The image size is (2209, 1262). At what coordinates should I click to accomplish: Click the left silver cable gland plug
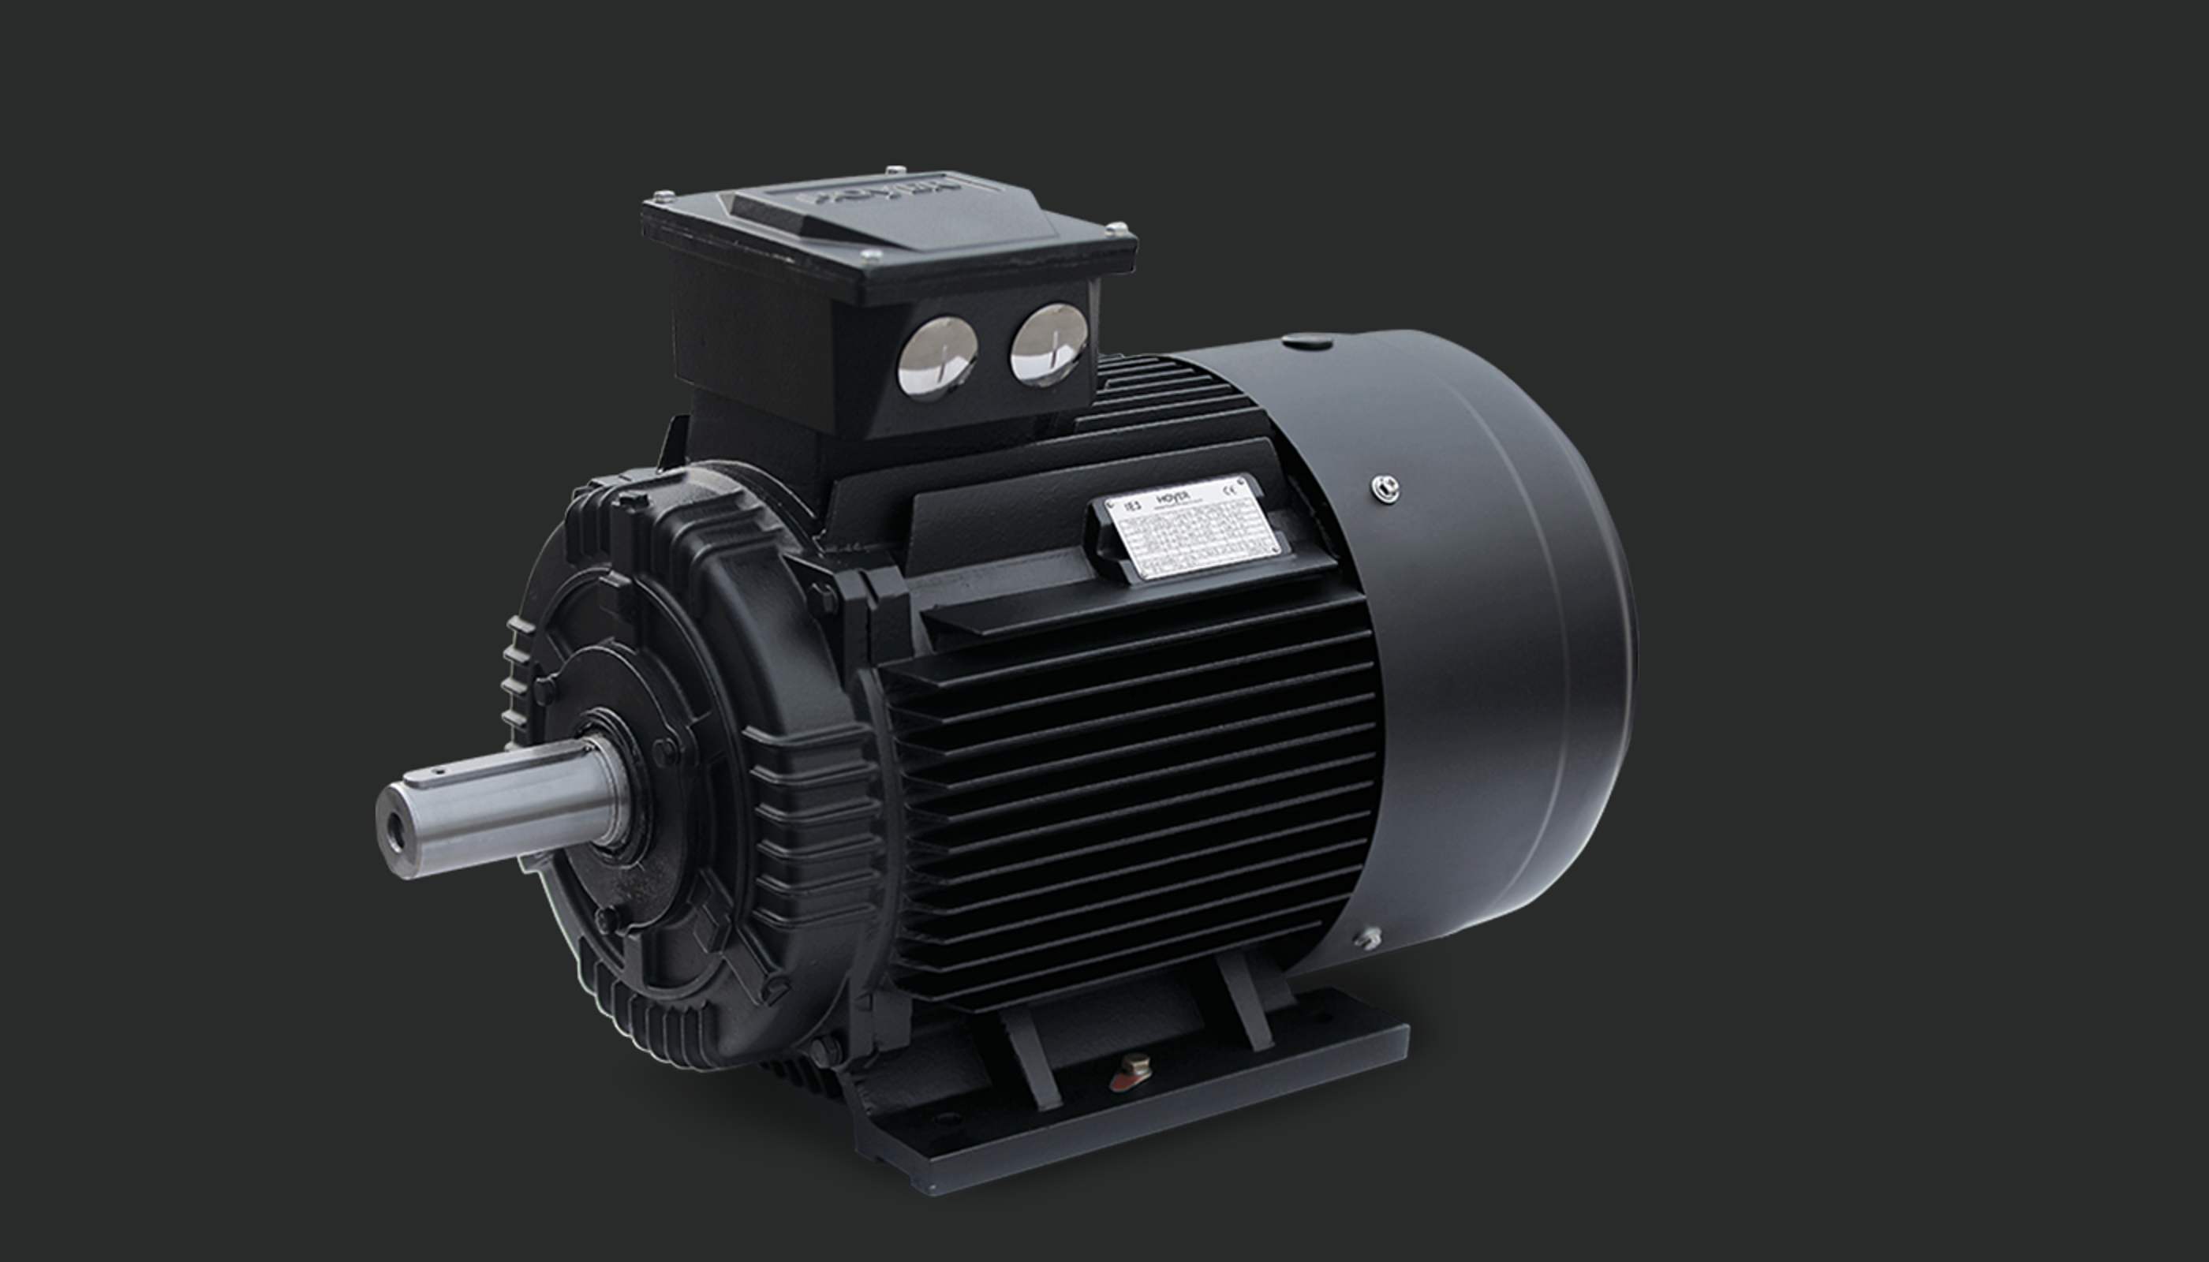pyautogui.click(x=937, y=357)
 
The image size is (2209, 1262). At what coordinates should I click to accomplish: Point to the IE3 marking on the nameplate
pyautogui.click(x=1131, y=506)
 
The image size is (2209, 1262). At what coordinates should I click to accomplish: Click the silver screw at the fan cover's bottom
pyautogui.click(x=1367, y=938)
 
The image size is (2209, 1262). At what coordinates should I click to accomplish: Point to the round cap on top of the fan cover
pyautogui.click(x=1307, y=342)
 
